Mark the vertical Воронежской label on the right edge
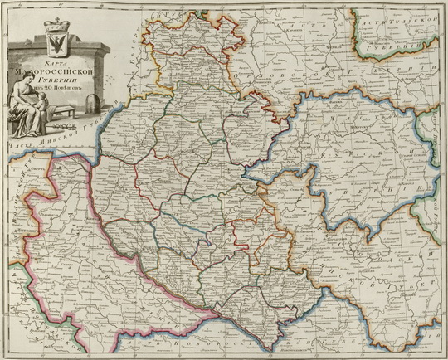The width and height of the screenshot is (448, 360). click(x=437, y=216)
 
